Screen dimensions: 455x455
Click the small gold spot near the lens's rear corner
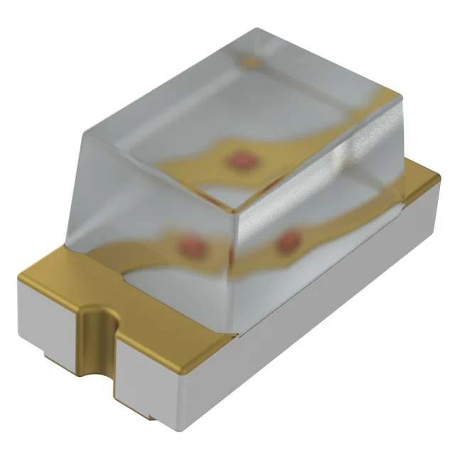tap(250, 63)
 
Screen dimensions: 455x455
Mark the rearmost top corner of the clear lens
tap(257, 29)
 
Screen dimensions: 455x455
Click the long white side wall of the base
tap(320, 313)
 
